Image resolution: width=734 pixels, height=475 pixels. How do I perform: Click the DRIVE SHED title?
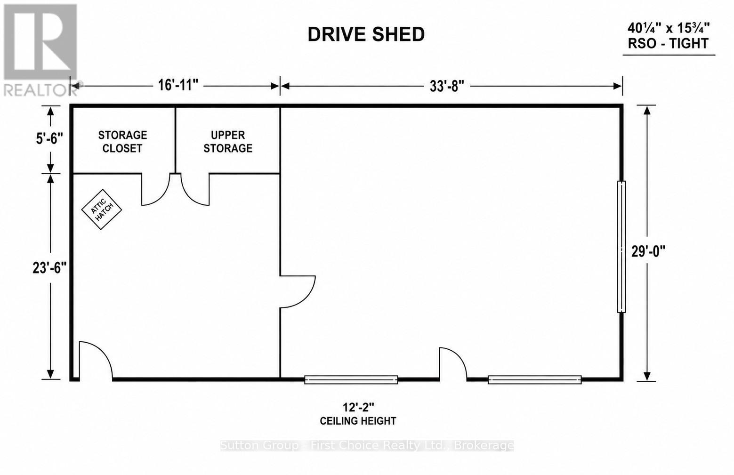point(366,34)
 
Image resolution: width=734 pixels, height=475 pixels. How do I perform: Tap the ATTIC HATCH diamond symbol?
point(102,209)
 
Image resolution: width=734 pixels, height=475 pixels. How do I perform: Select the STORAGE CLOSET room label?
point(122,142)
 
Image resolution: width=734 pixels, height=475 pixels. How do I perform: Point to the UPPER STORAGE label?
point(228,142)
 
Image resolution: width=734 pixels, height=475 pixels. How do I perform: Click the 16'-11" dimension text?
point(178,86)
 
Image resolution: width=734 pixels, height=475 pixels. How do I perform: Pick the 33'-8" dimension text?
point(447,87)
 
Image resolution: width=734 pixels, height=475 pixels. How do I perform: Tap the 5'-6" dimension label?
point(49,138)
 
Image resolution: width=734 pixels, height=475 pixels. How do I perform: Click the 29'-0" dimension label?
point(648,251)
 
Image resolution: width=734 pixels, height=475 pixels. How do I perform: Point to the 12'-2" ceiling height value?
point(358,408)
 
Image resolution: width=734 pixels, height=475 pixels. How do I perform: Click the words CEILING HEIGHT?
point(358,421)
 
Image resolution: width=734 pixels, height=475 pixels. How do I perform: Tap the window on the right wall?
point(621,247)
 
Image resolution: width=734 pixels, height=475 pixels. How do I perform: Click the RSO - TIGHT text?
point(668,43)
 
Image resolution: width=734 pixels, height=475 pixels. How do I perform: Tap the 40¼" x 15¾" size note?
point(669,28)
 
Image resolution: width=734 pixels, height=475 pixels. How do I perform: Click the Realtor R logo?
point(40,42)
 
